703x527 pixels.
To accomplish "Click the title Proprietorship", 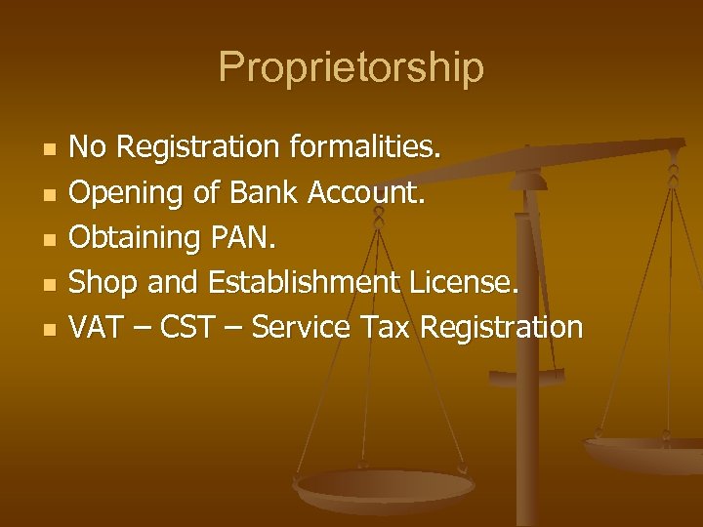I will click(351, 67).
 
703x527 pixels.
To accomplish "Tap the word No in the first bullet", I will click(89, 148).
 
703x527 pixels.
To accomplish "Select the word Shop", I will click(103, 283).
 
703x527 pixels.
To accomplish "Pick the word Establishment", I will click(304, 283).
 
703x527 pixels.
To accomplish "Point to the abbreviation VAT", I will click(94, 328).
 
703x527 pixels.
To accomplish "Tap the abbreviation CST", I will click(189, 328).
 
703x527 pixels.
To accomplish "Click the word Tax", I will click(387, 328).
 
